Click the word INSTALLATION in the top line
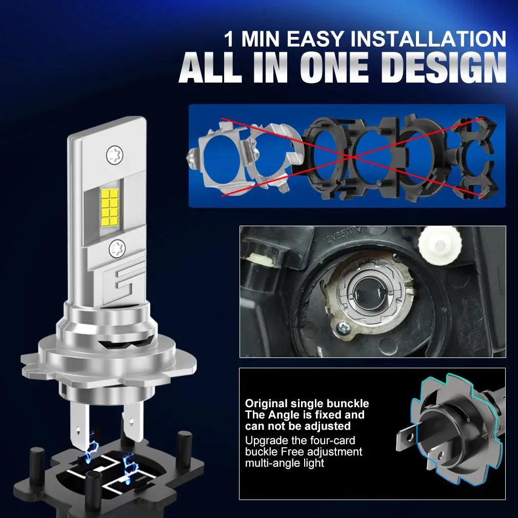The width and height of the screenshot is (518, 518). point(428,39)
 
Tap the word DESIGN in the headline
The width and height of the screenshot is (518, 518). point(444,67)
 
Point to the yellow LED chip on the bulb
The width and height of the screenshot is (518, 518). point(110,206)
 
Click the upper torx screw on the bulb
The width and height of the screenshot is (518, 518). point(115,154)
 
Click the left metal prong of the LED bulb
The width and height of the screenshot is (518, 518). point(79,426)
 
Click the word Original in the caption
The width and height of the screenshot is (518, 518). point(266,404)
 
